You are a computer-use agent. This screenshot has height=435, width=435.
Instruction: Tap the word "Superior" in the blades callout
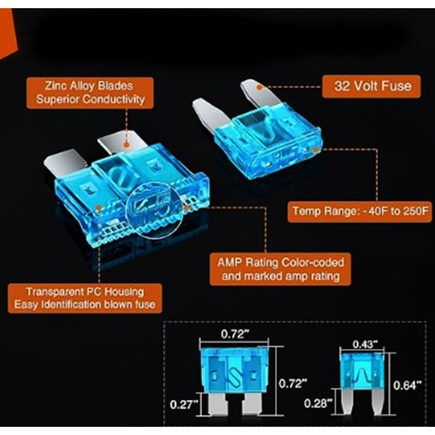pyautogui.click(x=60, y=99)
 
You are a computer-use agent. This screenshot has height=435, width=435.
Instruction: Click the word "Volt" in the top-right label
pyautogui.click(x=364, y=86)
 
